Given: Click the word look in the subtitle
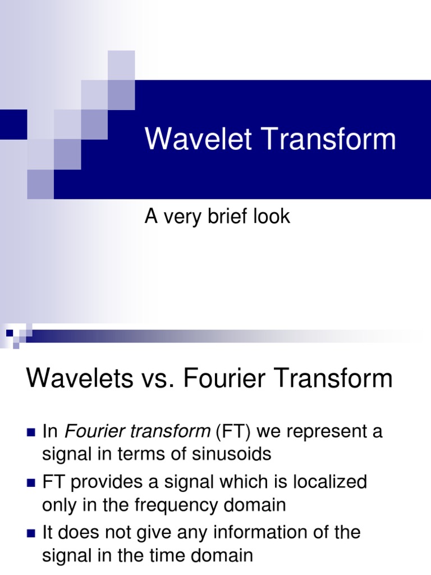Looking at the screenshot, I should pos(272,217).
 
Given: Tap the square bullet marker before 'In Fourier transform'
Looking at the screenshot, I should pos(31,433).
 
